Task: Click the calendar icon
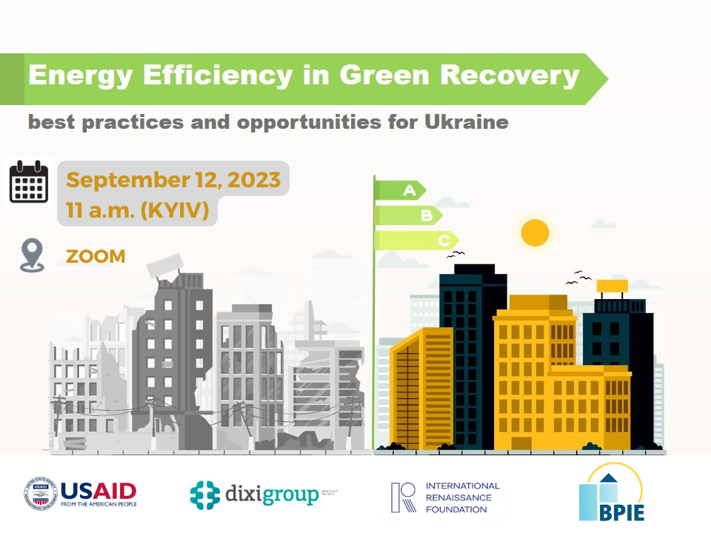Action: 29,183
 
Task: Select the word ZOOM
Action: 96,256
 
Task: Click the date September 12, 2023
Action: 173,180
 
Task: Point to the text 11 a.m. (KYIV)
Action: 137,211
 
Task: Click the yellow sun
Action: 535,232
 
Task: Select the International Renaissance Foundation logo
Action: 445,497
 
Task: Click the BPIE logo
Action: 611,492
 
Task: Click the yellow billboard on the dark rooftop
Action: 612,286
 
